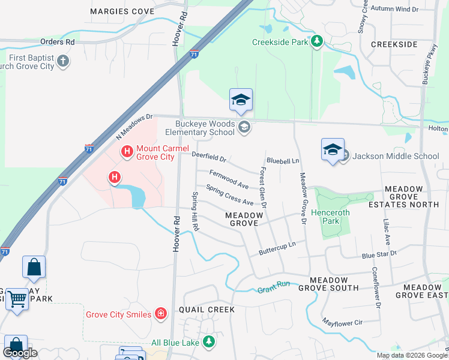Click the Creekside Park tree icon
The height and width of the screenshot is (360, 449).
316,41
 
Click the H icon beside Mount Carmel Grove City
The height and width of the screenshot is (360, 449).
127,152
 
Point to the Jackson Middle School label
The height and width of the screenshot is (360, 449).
396,156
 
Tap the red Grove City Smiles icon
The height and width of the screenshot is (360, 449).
160,313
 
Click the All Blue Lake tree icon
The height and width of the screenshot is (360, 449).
208,342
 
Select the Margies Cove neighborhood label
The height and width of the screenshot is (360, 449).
122,11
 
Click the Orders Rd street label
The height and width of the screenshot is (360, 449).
57,42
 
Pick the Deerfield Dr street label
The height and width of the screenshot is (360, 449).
209,157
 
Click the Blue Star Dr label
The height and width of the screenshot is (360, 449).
379,254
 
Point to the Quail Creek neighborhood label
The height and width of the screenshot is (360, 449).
206,310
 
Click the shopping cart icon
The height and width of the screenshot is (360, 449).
17,298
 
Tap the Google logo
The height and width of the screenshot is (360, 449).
20,353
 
